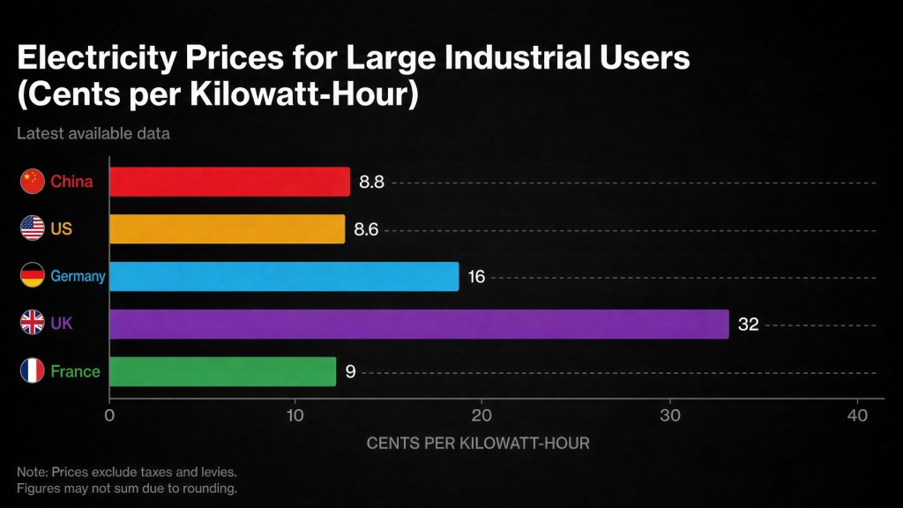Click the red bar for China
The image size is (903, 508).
click(230, 182)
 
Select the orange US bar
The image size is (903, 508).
click(227, 228)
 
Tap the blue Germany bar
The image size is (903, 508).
click(284, 276)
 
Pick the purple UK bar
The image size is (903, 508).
click(419, 324)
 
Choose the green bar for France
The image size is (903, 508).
click(223, 371)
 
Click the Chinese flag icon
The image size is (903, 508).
click(33, 182)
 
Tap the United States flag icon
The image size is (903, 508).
click(33, 228)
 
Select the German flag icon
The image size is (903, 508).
click(33, 275)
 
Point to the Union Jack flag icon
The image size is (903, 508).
click(33, 323)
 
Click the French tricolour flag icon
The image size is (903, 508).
click(33, 370)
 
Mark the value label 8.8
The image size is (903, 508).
click(371, 182)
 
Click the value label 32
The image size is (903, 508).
click(748, 325)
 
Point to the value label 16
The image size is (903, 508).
click(476, 277)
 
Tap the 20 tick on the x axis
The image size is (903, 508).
click(481, 415)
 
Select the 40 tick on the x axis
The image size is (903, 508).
click(857, 415)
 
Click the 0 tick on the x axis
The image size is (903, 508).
click(109, 415)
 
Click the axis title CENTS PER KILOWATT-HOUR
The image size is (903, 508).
click(478, 443)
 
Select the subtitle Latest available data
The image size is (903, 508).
click(93, 134)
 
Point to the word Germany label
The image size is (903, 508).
click(78, 276)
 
